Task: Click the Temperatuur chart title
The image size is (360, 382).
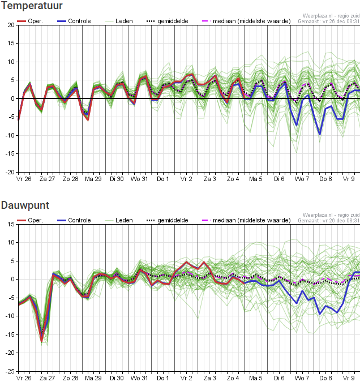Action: point(32,5)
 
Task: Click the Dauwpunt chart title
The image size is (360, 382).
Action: point(25,205)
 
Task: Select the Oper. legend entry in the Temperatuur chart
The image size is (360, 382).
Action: point(30,21)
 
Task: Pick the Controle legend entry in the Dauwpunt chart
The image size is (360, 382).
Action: point(74,220)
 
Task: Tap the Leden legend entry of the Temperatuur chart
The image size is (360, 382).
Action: point(119,21)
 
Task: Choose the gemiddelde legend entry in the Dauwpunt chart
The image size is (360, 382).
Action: point(167,221)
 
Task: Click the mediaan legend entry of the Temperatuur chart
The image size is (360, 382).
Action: point(246,21)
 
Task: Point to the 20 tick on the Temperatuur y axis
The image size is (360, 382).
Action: point(11,25)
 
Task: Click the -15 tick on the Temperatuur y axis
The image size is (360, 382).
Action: point(10,154)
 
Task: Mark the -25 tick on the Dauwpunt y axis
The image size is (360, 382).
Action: point(10,371)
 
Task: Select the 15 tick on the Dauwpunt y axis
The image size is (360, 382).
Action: point(11,224)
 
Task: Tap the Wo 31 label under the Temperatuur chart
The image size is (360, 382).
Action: point(139,179)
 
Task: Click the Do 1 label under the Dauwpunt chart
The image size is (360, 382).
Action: point(163,378)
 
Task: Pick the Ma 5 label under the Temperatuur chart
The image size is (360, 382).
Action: point(256,179)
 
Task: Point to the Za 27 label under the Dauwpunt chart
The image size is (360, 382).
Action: point(48,378)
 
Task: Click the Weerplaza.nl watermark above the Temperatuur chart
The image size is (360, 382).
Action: point(331,16)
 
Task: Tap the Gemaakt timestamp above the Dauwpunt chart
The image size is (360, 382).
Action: point(328,221)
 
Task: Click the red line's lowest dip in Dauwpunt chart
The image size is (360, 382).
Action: point(42,341)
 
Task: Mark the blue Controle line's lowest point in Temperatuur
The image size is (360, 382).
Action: point(320,135)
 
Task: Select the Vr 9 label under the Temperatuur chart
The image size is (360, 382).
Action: point(349,179)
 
